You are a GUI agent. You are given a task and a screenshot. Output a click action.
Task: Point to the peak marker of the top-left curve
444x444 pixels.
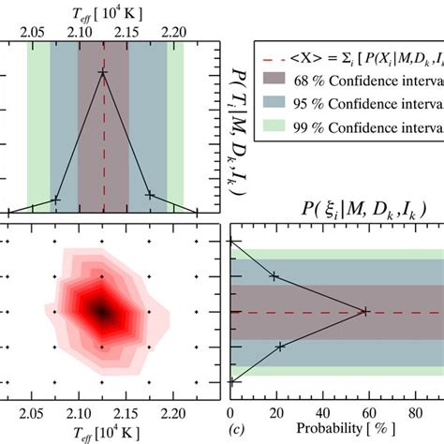pos(103,72)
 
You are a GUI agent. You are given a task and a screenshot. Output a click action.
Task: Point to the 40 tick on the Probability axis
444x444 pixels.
pos(321,412)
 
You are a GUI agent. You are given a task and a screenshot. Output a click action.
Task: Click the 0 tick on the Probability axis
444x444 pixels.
pos(230,412)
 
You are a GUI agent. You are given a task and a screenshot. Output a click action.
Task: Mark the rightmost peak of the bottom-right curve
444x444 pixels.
pos(364,312)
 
